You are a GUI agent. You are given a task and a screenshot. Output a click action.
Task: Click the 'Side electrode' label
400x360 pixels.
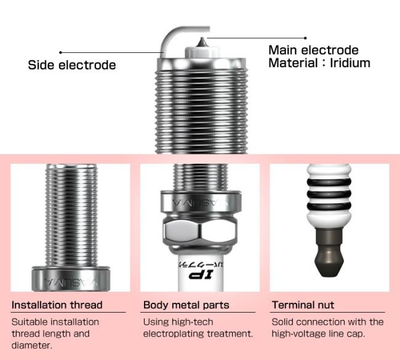pos(71,65)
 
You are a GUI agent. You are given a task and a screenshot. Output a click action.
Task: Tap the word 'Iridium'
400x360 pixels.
pos(350,63)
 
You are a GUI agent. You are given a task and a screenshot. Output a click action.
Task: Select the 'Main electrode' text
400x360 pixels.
pos(313,50)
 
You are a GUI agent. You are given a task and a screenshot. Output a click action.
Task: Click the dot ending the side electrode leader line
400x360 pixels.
pos(60,52)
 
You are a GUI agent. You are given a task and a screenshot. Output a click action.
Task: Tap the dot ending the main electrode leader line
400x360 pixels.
pos(305,38)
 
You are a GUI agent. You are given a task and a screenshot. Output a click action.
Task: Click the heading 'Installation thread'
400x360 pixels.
pos(57,305)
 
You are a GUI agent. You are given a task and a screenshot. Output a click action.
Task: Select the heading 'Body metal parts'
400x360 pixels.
pos(186,305)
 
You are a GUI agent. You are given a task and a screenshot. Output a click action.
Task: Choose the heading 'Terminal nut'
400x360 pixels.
pos(303,305)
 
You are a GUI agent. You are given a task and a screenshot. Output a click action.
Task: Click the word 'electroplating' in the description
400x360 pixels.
pos(174,334)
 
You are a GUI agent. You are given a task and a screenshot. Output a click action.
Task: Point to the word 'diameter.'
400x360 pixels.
pos(31,345)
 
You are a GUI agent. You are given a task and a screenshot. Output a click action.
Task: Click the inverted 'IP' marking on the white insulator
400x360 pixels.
pos(201,275)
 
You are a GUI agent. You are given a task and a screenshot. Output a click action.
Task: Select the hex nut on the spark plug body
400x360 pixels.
pos(200,231)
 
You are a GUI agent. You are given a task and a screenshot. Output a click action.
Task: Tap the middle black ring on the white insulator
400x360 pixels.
pos(329,194)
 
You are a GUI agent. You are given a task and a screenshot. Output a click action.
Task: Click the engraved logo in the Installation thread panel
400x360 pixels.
pos(71,282)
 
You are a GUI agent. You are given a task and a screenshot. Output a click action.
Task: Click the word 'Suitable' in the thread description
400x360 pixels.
pos(28,322)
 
